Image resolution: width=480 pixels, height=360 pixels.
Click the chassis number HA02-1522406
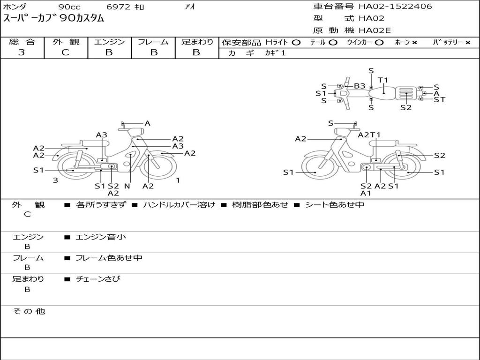point(395,7)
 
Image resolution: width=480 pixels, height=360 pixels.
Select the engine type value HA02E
point(375,30)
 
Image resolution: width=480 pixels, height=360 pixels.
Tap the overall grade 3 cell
point(22,52)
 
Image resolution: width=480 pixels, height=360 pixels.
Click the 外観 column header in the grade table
point(66,42)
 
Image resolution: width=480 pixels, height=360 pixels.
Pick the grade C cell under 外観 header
point(65,52)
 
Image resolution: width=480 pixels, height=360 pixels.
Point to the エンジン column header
point(109,42)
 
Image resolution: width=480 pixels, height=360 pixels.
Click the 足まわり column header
point(197,42)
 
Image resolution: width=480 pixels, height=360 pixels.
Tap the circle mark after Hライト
point(296,43)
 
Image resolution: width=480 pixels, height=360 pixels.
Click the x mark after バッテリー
point(468,43)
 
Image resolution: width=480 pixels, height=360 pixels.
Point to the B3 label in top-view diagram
point(360,86)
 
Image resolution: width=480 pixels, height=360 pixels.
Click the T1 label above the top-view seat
point(383,80)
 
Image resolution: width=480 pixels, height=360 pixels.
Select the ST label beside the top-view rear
point(439,99)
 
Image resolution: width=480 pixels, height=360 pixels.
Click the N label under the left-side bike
point(127,186)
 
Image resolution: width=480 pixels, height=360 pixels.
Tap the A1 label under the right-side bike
point(366,193)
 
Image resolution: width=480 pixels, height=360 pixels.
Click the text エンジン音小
point(101,237)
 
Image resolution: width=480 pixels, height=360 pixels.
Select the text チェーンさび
point(98,279)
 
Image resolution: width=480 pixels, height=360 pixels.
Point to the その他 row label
point(29,311)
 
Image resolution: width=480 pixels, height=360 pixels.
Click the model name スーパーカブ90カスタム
point(54,19)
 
